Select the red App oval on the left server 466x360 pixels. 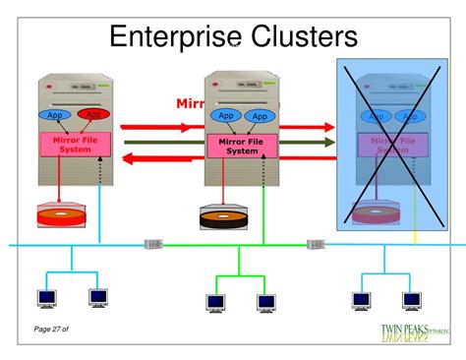[x=94, y=115]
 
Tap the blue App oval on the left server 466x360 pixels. [x=55, y=115]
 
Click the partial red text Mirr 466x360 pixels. [x=191, y=102]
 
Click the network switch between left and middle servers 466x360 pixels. [x=153, y=244]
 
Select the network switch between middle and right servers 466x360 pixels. [x=315, y=244]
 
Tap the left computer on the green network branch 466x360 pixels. [x=215, y=302]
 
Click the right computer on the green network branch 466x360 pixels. [x=265, y=302]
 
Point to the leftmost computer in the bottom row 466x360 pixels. [x=46, y=296]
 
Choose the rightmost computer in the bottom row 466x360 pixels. [x=412, y=299]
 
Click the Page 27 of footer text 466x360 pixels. [x=50, y=329]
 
